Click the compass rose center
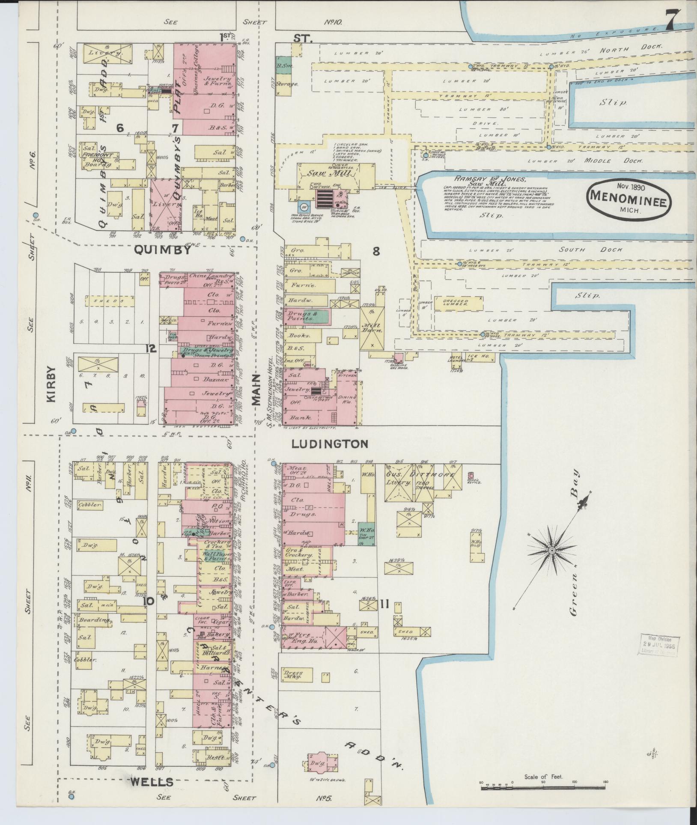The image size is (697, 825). tap(552, 549)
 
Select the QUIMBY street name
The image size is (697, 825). tap(163, 250)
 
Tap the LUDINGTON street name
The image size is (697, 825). tap(329, 444)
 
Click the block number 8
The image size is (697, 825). tap(376, 251)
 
